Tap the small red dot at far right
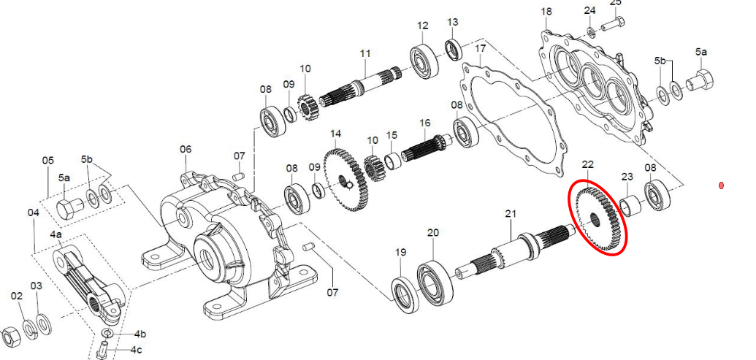click(722, 185)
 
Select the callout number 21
click(511, 213)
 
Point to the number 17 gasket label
click(480, 49)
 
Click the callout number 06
click(186, 149)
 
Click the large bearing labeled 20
click(436, 280)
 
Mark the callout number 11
click(365, 53)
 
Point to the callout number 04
click(34, 212)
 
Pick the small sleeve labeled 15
click(392, 158)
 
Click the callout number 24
click(590, 10)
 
